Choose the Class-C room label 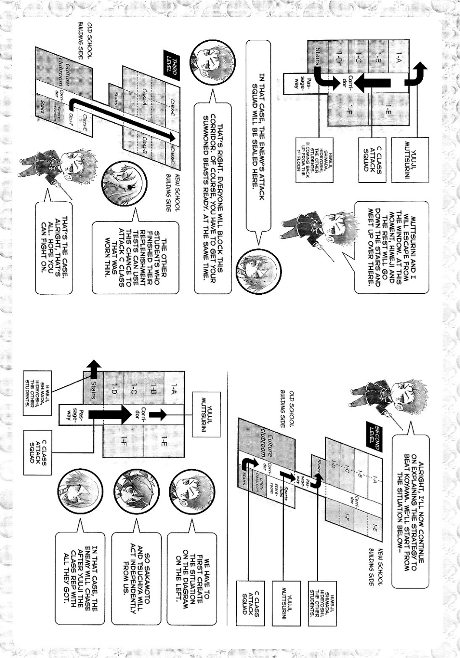[172, 106]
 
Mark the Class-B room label [145, 145]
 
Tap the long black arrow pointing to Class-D [126, 119]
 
